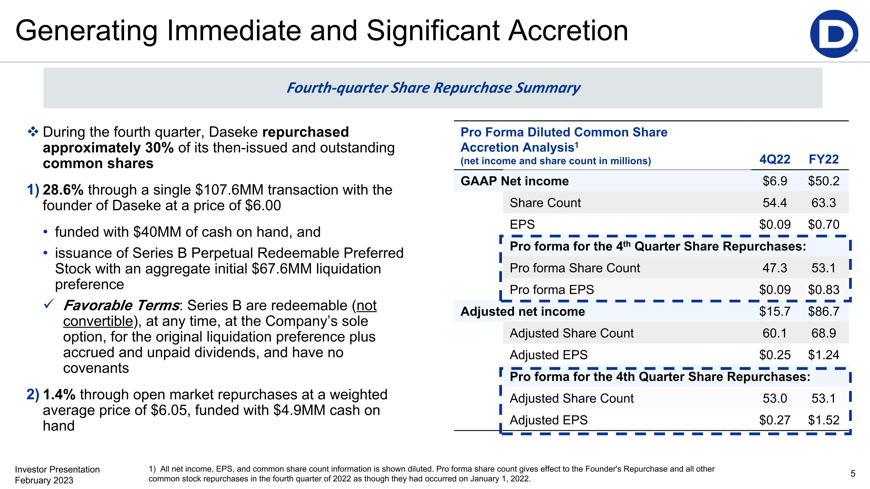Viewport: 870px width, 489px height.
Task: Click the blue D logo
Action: [833, 34]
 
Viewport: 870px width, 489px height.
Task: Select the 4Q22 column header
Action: [775, 159]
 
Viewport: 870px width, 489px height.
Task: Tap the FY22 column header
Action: [823, 159]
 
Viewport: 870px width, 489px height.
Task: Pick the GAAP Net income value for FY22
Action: [823, 181]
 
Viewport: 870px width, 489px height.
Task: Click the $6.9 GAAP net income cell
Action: [775, 181]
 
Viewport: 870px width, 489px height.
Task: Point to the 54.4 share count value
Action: [775, 203]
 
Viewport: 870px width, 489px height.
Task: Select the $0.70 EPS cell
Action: [823, 224]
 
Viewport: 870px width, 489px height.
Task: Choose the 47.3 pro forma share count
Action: [775, 268]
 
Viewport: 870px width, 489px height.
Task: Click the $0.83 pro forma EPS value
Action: [823, 290]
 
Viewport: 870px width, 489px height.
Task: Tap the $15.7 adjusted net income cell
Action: [775, 311]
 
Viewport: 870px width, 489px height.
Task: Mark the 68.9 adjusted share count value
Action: [823, 333]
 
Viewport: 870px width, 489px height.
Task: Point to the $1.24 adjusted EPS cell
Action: [823, 355]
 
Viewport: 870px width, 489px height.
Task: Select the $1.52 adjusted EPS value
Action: [823, 420]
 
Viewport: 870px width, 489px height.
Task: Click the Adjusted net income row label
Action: [523, 311]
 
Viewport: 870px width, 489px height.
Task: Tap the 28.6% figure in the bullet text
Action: [63, 190]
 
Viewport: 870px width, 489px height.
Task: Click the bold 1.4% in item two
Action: [59, 395]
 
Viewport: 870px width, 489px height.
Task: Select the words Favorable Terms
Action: [121, 306]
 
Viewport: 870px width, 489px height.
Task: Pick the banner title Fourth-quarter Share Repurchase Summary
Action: [433, 88]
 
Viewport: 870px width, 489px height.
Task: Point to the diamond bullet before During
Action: [33, 132]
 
